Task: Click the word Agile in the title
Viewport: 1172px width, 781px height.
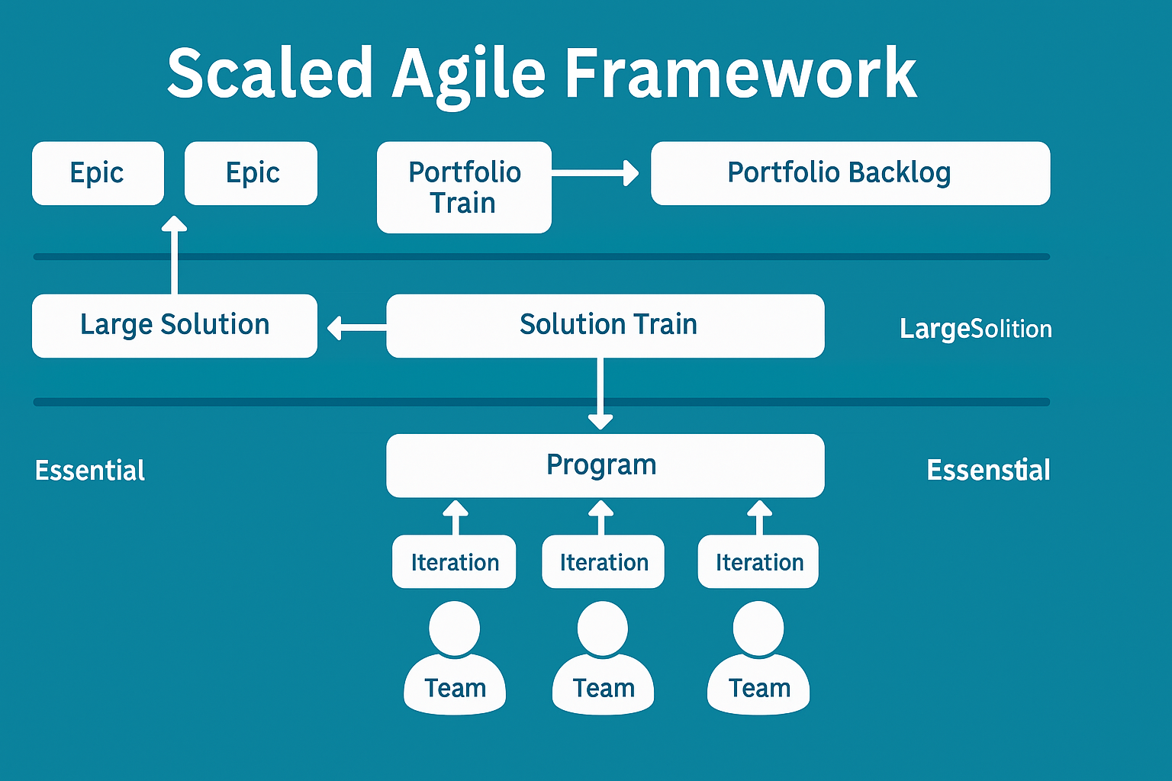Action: pyautogui.click(x=468, y=75)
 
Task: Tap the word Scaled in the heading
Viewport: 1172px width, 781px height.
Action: pyautogui.click(x=269, y=75)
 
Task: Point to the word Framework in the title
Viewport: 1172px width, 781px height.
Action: pyautogui.click(x=740, y=75)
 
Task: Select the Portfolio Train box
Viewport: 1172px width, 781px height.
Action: pyautogui.click(x=464, y=187)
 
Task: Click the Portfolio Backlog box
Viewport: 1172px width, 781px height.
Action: pyautogui.click(x=850, y=173)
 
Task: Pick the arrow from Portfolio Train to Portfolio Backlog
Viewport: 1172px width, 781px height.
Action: pyautogui.click(x=594, y=174)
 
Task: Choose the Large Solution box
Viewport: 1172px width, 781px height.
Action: pyautogui.click(x=174, y=326)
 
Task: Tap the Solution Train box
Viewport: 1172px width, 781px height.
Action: pyautogui.click(x=605, y=326)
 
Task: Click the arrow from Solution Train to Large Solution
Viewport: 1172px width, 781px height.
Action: pyautogui.click(x=356, y=328)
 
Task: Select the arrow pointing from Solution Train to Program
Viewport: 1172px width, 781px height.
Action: pyautogui.click(x=600, y=394)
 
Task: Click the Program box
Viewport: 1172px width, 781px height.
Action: pyautogui.click(x=605, y=465)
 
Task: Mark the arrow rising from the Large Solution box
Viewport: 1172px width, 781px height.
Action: pyautogui.click(x=175, y=255)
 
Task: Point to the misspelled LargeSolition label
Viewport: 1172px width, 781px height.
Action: pyautogui.click(x=975, y=329)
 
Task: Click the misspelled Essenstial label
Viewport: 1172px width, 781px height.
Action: pyautogui.click(x=988, y=471)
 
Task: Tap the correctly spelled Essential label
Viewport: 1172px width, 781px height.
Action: pyautogui.click(x=90, y=471)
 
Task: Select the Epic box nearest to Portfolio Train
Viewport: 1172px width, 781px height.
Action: pyautogui.click(x=251, y=173)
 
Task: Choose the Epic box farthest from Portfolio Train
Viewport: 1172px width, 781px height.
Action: pyautogui.click(x=98, y=173)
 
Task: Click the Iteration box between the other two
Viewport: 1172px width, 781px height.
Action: pyautogui.click(x=603, y=562)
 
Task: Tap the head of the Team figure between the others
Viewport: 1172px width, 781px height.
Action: pyautogui.click(x=603, y=628)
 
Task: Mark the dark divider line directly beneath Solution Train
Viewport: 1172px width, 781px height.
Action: pyautogui.click(x=542, y=402)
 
